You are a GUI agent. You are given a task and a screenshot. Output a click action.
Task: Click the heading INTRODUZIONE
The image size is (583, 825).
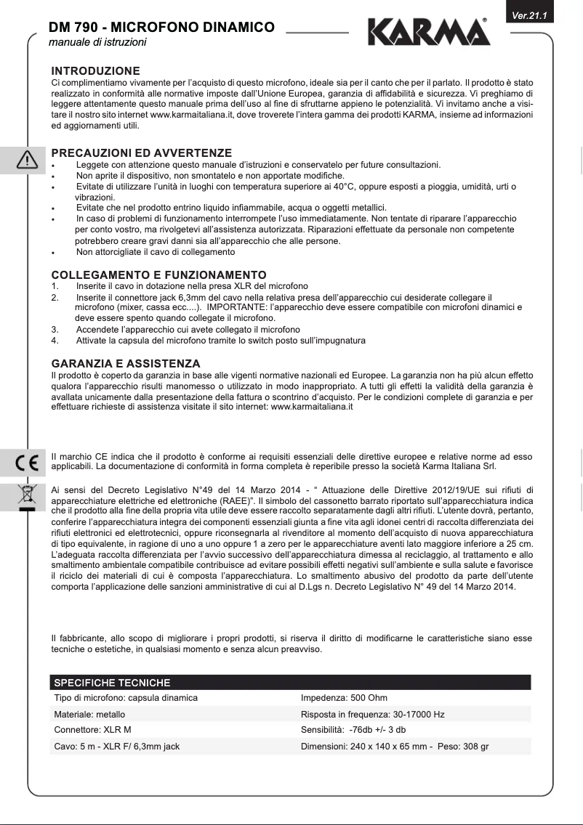pos(95,71)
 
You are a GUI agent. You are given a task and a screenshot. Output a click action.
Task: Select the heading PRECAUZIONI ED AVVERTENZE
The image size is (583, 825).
pos(142,153)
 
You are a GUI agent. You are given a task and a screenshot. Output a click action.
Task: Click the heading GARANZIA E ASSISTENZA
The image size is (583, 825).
pos(125,362)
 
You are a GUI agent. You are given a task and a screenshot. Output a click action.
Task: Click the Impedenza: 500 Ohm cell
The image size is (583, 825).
pos(344,698)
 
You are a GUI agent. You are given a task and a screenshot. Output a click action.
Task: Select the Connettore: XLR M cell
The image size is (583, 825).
pos(93,730)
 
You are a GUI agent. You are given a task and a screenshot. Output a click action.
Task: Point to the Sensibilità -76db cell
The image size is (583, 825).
pos(353,730)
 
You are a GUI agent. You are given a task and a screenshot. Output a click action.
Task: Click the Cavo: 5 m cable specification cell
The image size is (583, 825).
pos(117,746)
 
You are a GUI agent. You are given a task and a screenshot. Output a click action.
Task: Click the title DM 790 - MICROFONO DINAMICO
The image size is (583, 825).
pos(161,28)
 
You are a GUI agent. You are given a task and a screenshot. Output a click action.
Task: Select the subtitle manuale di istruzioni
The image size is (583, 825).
pos(97,43)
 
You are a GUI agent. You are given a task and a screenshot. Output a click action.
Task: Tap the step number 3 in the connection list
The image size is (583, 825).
pos(55,329)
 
